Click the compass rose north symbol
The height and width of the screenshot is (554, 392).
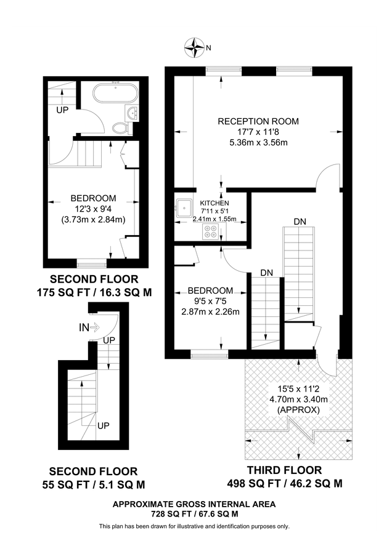point(197,47)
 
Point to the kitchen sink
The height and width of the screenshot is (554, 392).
point(184,207)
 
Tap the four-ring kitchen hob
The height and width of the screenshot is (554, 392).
point(210,231)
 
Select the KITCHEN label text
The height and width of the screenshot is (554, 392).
point(214,203)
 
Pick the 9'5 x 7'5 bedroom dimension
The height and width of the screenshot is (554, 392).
point(210,301)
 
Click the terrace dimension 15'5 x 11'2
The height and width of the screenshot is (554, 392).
point(300,389)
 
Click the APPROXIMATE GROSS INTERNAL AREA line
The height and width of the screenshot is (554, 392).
point(194,504)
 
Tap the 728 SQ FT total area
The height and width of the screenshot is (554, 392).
point(194,513)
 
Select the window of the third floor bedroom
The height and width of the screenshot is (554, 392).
point(209,354)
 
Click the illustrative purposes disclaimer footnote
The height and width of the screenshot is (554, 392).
point(194,526)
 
